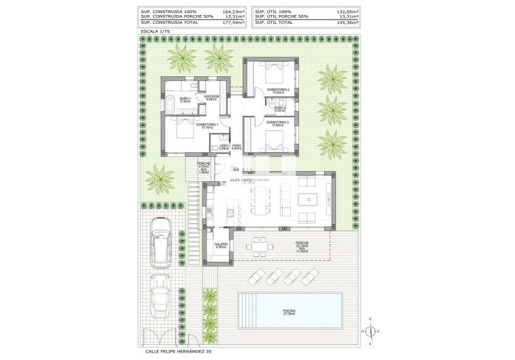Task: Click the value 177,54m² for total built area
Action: tap(232, 22)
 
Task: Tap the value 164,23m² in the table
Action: tap(232, 11)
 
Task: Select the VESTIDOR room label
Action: tap(211, 97)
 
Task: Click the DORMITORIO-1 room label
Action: tap(206, 125)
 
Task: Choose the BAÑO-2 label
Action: tap(280, 108)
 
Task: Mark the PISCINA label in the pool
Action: tap(289, 311)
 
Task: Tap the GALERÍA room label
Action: tap(221, 244)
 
